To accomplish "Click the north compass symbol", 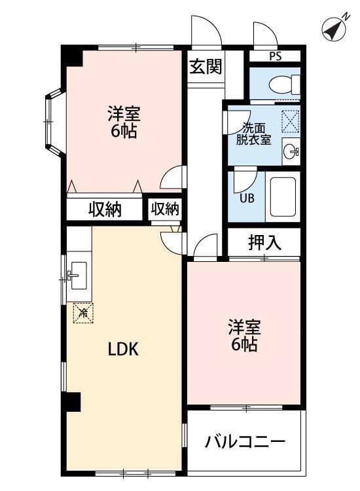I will pos(335,29).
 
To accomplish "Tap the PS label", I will pos(275,56).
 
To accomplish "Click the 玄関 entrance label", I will pos(206,67).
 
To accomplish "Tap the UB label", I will pos(245,198).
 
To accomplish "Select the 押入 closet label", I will pos(264,242).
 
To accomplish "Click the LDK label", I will pos(122,349).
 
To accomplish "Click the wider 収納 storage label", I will pos(105,209).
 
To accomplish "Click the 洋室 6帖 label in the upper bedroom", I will pos(123,122).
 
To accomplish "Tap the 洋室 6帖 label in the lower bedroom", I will pos(243,335).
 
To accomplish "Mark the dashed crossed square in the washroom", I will pos(290,122).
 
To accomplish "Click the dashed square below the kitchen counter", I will pos(82,313).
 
